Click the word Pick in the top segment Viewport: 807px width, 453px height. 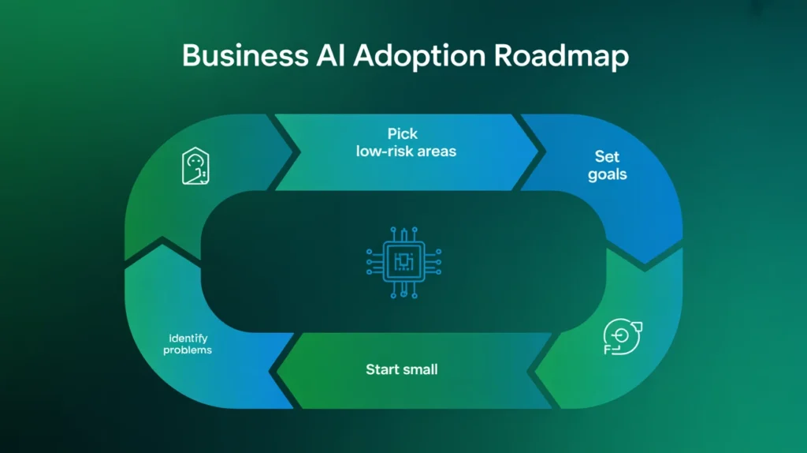403,133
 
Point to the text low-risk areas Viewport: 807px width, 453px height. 406,151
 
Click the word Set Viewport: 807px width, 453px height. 608,156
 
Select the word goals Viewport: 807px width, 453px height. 608,174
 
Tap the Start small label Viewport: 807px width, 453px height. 401,369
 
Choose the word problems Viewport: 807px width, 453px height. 188,350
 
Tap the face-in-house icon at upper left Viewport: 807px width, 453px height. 195,167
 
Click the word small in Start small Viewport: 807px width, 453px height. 420,369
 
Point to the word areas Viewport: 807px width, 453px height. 437,151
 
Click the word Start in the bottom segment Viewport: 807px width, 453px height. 382,369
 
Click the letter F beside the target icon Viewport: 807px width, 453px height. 607,348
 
